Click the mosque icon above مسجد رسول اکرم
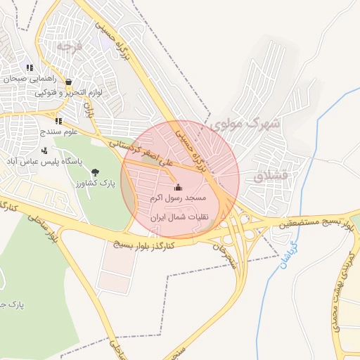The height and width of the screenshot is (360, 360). point(177,187)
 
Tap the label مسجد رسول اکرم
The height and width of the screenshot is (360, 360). point(176,200)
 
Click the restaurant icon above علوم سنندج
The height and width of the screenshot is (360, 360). point(58,121)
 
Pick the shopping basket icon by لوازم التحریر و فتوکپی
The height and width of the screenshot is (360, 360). point(67,82)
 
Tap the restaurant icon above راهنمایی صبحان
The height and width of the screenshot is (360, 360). point(30,68)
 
